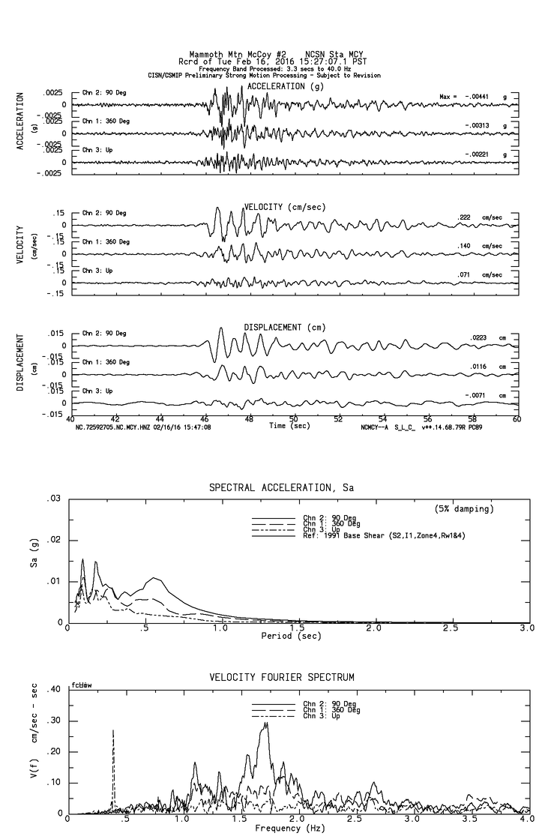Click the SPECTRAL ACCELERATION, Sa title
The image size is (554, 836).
pyautogui.click(x=281, y=488)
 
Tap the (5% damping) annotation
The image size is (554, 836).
pyautogui.click(x=464, y=509)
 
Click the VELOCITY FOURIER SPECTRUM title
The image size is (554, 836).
pyautogui.click(x=281, y=678)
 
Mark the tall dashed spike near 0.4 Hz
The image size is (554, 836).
pyautogui.click(x=113, y=730)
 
